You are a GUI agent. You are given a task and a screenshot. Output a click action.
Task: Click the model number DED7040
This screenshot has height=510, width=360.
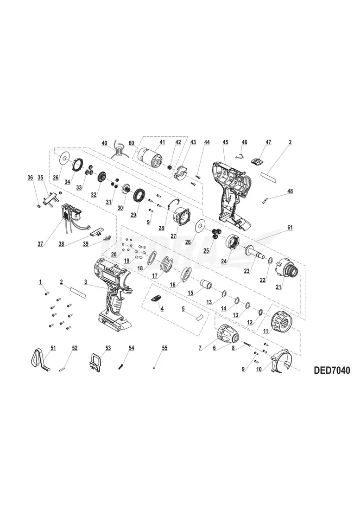332,370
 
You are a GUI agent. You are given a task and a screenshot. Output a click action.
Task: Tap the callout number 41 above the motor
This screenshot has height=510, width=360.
162,142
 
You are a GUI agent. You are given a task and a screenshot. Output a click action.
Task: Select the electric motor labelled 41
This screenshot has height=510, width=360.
151,158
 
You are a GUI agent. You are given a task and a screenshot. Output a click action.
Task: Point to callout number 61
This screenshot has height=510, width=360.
290,228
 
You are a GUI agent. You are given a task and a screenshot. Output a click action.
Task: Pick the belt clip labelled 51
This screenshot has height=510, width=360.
41,358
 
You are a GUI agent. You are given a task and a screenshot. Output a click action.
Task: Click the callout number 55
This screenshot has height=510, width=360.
164,348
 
